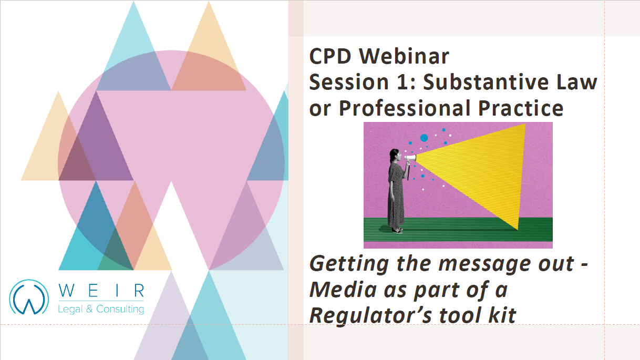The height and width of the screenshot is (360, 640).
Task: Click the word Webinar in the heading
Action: [404, 56]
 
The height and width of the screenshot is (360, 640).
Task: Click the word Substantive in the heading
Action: [485, 82]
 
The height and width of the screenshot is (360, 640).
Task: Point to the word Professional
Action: [405, 108]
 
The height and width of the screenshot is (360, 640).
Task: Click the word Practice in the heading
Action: [521, 108]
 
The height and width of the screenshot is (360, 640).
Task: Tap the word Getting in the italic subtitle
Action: [349, 264]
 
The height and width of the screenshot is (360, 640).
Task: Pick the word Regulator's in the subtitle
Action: [371, 316]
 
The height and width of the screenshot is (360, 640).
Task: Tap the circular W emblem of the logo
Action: [29, 297]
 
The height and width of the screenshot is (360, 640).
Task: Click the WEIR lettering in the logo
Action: [101, 291]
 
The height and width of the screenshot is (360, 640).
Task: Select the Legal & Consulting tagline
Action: [101, 309]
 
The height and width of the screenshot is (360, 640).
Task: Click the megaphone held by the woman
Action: [410, 158]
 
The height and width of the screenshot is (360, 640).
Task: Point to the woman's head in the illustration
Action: [395, 156]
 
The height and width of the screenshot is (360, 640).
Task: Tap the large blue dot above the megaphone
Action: [424, 138]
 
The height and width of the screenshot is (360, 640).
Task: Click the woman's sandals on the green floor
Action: [397, 230]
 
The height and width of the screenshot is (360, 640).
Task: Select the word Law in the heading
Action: [576, 82]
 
